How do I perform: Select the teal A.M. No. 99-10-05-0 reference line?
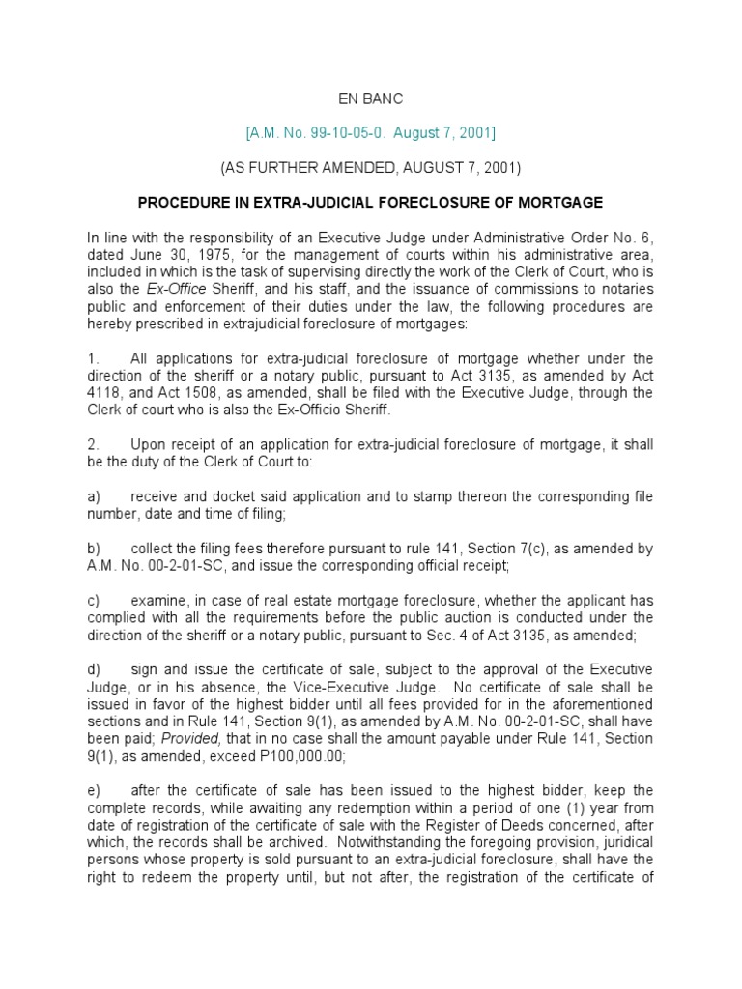371,131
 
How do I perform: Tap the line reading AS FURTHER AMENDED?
371,167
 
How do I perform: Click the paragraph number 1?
91,358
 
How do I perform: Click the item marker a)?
93,496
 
